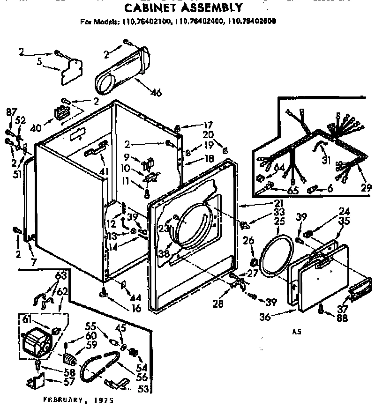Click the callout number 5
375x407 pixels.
(39, 61)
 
